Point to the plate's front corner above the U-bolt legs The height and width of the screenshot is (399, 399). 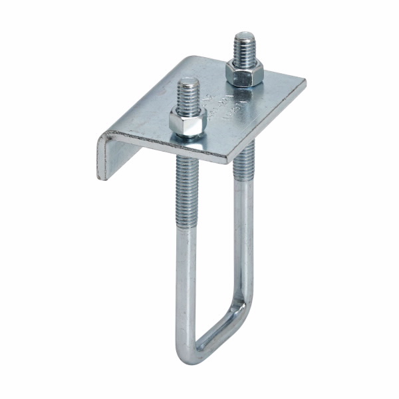tap(233, 160)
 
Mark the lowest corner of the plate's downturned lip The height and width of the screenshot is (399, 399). tap(101, 178)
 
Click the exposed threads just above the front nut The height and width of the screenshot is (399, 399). tap(189, 96)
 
